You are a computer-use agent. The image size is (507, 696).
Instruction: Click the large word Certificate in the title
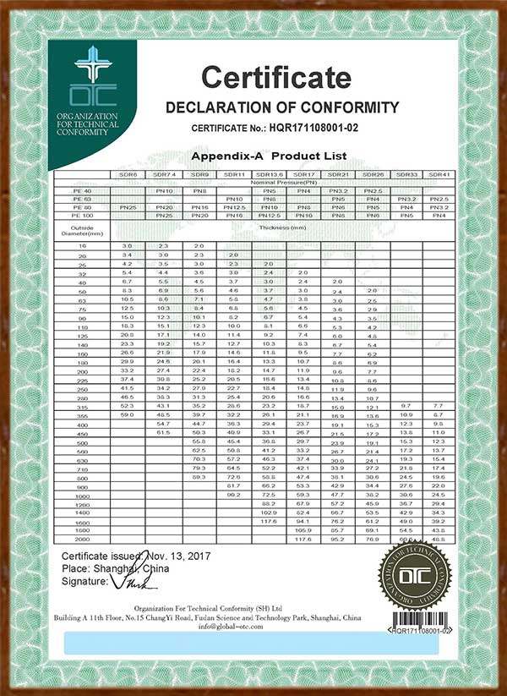[x=275, y=78]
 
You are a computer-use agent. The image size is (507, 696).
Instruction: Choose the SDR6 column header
[x=128, y=174]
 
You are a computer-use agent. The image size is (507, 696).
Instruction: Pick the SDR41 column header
[x=438, y=174]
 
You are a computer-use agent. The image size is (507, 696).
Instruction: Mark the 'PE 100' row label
[x=83, y=216]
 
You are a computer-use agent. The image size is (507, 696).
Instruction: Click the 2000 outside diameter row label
[x=83, y=538]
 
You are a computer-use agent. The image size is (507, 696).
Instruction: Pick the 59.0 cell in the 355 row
[x=128, y=414]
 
